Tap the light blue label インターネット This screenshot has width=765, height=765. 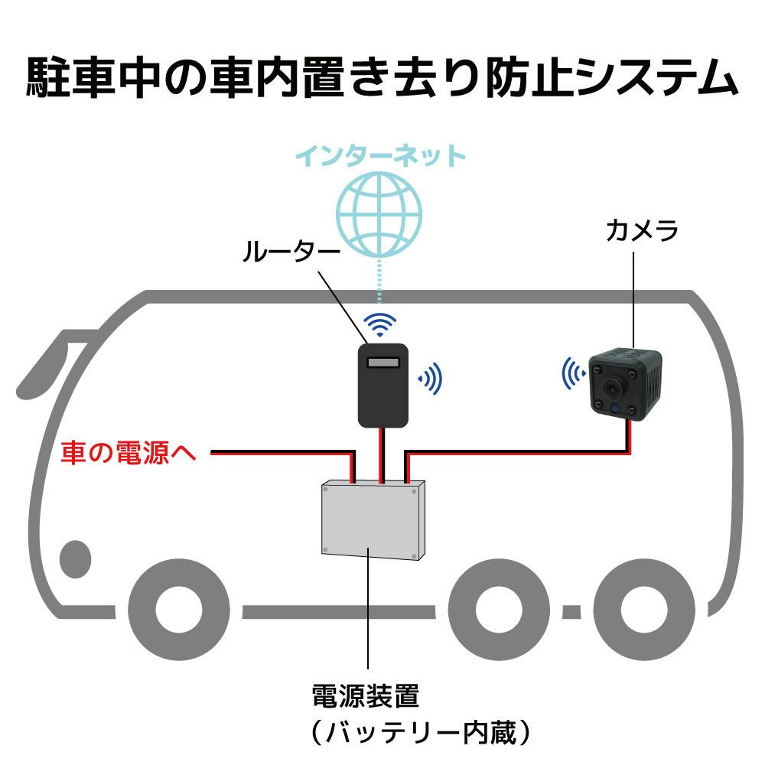(380, 156)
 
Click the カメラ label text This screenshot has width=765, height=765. (642, 229)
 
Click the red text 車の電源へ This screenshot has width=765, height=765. (129, 453)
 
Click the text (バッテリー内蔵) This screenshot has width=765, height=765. (420, 733)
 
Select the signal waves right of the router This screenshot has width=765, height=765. (431, 377)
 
